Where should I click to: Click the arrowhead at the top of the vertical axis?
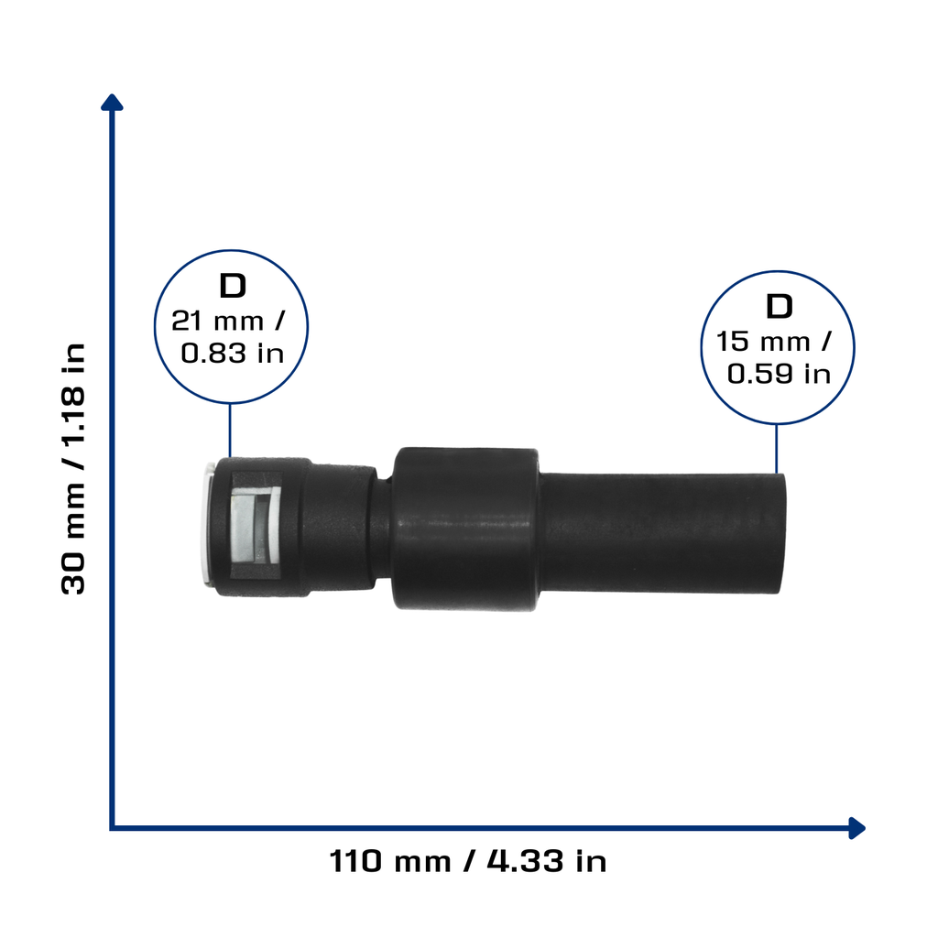click(112, 103)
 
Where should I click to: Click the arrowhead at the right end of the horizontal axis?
click(856, 828)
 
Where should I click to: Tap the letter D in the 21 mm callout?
click(233, 286)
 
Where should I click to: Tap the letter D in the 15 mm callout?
click(779, 306)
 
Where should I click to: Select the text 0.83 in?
click(232, 353)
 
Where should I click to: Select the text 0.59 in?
click(779, 374)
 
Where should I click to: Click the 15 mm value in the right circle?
click(763, 342)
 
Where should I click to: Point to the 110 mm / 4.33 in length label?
click(468, 861)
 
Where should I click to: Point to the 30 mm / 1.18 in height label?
click(73, 468)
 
